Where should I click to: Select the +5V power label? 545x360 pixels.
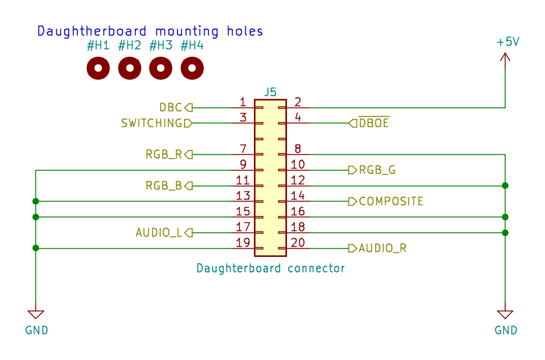508,42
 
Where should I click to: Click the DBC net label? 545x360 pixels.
171,108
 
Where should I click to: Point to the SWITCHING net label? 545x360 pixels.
152,123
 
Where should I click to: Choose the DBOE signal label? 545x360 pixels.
374,123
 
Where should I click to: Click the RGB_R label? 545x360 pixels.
164,155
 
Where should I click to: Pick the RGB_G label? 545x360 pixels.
377,170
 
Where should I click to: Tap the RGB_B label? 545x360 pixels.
164,186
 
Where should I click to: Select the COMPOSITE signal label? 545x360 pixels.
391,202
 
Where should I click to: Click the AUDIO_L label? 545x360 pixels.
159,233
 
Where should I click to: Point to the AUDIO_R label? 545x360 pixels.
382,248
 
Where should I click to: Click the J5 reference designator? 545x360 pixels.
270,92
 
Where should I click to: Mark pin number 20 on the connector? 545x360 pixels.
298,243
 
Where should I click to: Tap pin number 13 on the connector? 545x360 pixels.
243,196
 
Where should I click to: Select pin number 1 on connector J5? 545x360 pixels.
243,102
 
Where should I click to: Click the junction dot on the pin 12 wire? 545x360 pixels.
505,186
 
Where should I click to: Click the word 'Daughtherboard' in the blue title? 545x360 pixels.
92,31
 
